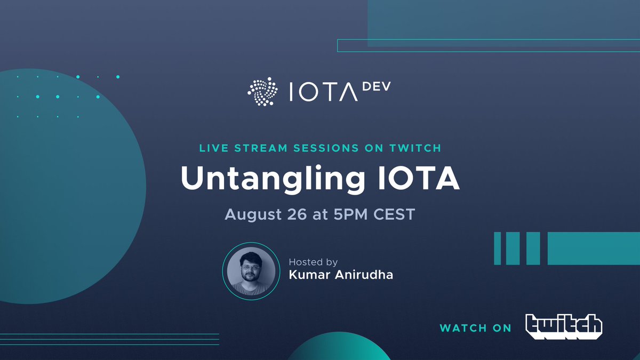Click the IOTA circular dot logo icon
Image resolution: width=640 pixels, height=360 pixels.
[x=263, y=91]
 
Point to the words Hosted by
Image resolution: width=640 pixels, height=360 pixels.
[x=313, y=262]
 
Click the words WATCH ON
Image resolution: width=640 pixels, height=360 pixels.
[x=475, y=328]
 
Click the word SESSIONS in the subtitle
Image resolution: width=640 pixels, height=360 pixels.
[x=333, y=147]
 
